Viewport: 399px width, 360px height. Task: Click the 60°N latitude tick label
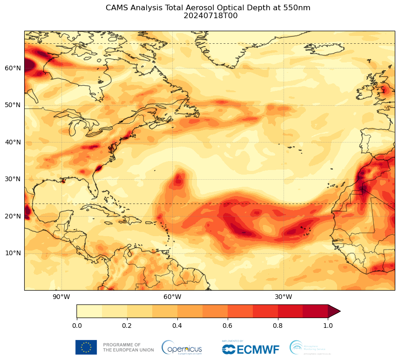pyautogui.click(x=13, y=68)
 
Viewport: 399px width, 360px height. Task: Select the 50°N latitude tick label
pyautogui.click(x=13, y=105)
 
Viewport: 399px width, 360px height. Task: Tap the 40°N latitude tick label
pyautogui.click(x=13, y=142)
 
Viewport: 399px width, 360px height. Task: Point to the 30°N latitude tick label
pyautogui.click(x=13, y=179)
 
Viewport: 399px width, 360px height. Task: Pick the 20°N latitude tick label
pyautogui.click(x=13, y=216)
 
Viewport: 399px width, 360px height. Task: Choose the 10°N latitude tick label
pyautogui.click(x=13, y=253)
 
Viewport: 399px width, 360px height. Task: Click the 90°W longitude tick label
pyautogui.click(x=61, y=297)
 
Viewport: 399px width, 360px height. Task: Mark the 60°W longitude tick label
pyautogui.click(x=172, y=297)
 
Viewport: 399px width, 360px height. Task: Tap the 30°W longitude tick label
pyautogui.click(x=283, y=297)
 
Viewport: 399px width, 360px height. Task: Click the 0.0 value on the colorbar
pyautogui.click(x=77, y=326)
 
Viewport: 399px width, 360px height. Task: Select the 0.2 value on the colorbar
pyautogui.click(x=127, y=326)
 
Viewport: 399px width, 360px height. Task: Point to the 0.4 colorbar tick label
pyautogui.click(x=177, y=326)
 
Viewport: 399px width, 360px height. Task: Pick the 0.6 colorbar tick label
pyautogui.click(x=228, y=326)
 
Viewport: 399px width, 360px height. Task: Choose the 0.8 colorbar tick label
pyautogui.click(x=278, y=326)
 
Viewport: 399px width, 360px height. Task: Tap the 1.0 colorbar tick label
pyautogui.click(x=328, y=326)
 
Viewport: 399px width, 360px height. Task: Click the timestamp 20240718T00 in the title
pyautogui.click(x=208, y=16)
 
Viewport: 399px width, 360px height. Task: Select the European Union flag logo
pyautogui.click(x=86, y=347)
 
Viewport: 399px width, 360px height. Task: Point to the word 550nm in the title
pyautogui.click(x=297, y=7)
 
